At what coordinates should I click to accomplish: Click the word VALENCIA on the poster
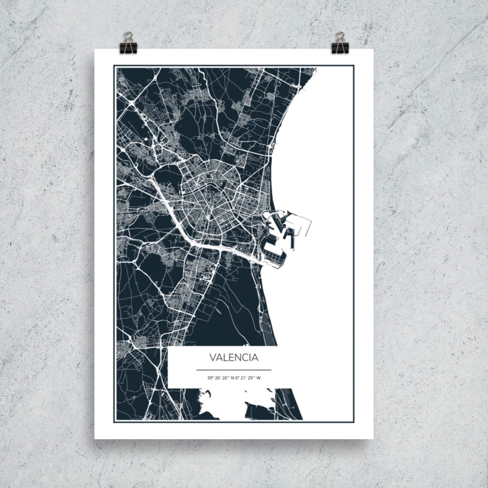[x=234, y=358]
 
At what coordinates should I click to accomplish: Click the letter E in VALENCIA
[x=232, y=358]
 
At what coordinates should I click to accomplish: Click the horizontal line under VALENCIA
[x=234, y=370]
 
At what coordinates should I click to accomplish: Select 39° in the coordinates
[x=210, y=378]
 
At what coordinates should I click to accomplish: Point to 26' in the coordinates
[x=217, y=378]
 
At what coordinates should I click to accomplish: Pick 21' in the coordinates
[x=242, y=378]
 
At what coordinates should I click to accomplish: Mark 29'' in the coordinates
[x=250, y=378]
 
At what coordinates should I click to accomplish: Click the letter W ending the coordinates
[x=258, y=378]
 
